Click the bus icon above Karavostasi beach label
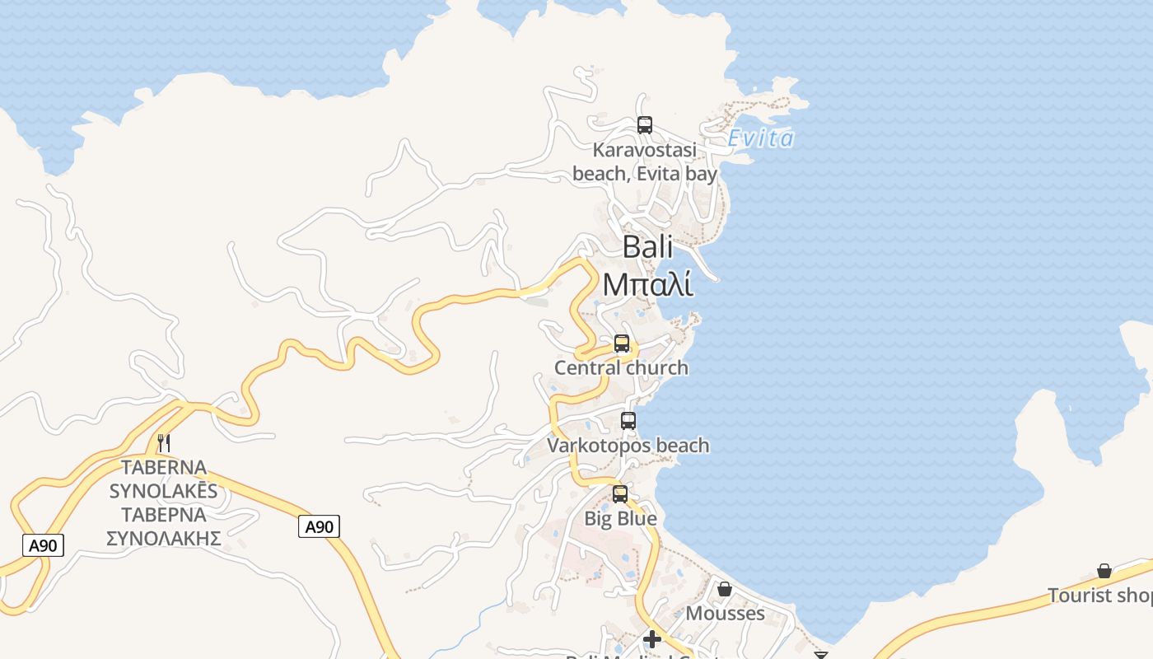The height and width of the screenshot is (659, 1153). coord(645,125)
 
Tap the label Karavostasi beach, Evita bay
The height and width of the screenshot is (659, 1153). coord(645,162)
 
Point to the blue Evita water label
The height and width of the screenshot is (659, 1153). coord(761,138)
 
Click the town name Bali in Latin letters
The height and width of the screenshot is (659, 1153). coord(647,246)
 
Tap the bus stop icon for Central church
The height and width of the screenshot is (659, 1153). coord(622,344)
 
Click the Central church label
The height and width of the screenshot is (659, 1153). coord(621,367)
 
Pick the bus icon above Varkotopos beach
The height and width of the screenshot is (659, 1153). coord(628,421)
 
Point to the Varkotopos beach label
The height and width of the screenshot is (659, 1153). coord(628,446)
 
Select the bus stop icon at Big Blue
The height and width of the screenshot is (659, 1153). coord(620,494)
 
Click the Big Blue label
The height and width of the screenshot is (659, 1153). coord(620,518)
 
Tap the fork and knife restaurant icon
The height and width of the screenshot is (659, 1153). coord(164,443)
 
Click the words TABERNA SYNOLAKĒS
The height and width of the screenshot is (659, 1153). coord(163,479)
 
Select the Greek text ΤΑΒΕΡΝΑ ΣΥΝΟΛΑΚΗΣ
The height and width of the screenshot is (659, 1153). coord(163,526)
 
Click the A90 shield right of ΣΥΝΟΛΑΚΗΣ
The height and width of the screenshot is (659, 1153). coord(319,527)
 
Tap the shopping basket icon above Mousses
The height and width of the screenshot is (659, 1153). coord(725,589)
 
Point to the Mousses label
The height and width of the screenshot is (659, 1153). coord(725,614)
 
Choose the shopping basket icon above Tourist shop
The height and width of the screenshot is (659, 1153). coord(1104,571)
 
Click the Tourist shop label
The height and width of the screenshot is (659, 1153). coord(1099,595)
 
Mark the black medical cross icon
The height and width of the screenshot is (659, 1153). coord(652,638)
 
